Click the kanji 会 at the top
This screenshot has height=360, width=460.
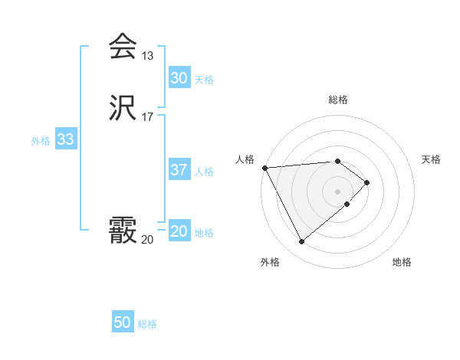[122, 47]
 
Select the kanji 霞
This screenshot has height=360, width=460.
[122, 231]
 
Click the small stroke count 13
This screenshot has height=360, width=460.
[148, 56]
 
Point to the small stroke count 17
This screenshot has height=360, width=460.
[148, 117]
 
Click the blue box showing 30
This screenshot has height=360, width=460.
[179, 78]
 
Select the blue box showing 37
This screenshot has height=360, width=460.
[179, 170]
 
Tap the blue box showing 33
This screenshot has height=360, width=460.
[65, 139]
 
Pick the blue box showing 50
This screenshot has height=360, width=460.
[122, 322]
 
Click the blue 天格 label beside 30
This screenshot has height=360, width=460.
[204, 80]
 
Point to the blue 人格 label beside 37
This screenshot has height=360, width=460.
[204, 172]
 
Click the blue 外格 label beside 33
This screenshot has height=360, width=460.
[41, 141]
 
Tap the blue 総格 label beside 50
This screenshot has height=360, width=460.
[147, 324]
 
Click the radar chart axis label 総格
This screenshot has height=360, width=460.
[338, 100]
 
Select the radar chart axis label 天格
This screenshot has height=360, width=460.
[431, 159]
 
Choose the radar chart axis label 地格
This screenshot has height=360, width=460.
[402, 263]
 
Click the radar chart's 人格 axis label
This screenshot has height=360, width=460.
[245, 159]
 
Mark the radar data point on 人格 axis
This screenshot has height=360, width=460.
[264, 167]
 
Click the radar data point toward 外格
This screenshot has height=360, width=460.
[302, 242]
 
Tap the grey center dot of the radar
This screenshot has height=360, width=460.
[338, 191]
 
